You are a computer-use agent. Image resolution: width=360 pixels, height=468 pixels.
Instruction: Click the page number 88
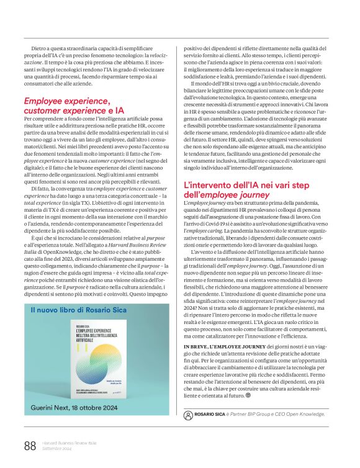point(29,445)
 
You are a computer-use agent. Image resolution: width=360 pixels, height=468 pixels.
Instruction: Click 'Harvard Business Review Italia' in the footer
point(69,442)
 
